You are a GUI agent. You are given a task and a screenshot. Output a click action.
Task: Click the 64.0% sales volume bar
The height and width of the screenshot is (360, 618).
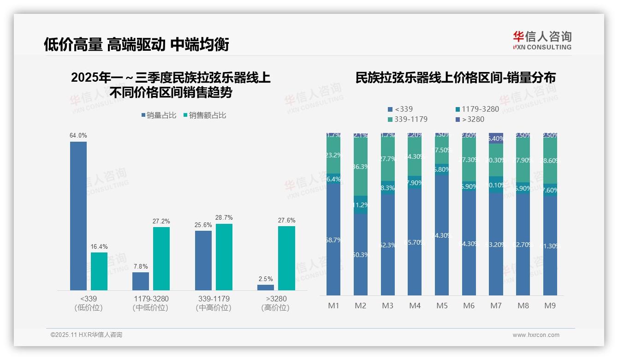[x=78, y=216]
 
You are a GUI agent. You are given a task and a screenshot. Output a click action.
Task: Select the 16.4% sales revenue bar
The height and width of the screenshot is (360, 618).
[x=99, y=271]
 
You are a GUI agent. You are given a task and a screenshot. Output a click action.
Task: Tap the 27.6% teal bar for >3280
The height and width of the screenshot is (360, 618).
[x=286, y=258]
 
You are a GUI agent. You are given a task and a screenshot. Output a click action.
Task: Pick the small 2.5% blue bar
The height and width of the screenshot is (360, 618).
[x=265, y=287]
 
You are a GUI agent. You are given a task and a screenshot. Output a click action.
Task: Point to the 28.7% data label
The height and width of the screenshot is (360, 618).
[x=224, y=217]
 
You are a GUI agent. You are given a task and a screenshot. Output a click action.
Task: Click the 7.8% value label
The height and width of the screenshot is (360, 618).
[x=141, y=266]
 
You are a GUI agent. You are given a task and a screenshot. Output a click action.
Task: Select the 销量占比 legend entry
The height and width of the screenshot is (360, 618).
[x=159, y=115]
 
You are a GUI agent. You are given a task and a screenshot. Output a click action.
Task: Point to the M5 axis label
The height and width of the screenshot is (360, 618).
[x=442, y=306]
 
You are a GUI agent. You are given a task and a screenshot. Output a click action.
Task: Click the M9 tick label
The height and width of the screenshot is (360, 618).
[x=550, y=306]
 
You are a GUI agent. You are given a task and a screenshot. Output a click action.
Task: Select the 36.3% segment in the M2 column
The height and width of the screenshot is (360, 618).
[x=361, y=167]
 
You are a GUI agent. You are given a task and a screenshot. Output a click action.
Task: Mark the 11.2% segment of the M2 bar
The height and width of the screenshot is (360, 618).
[x=361, y=204]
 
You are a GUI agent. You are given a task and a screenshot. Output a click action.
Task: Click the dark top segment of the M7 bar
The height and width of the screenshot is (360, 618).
[x=496, y=138]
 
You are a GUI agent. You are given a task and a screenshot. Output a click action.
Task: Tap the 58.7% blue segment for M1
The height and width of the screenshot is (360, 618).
[x=333, y=240]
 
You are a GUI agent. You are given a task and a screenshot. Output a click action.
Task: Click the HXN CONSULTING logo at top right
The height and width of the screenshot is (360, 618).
[x=542, y=41]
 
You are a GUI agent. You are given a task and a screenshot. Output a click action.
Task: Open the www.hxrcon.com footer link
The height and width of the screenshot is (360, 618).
[x=536, y=335]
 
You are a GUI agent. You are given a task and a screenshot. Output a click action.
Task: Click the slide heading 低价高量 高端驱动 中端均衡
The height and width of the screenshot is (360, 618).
[x=137, y=44]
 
